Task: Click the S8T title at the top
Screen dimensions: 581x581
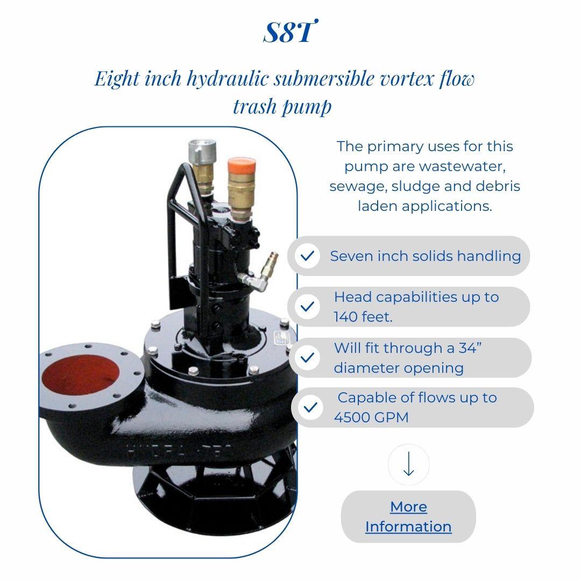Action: tap(289, 33)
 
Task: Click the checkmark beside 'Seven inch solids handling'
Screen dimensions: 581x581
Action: tap(307, 256)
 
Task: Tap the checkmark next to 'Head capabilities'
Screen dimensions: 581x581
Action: tap(307, 307)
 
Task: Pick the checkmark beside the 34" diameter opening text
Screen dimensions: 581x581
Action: tap(307, 358)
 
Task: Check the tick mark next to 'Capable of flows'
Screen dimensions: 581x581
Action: tap(310, 407)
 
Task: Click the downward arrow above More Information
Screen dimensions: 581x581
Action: tap(408, 464)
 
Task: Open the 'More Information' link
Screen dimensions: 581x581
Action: tap(408, 516)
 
